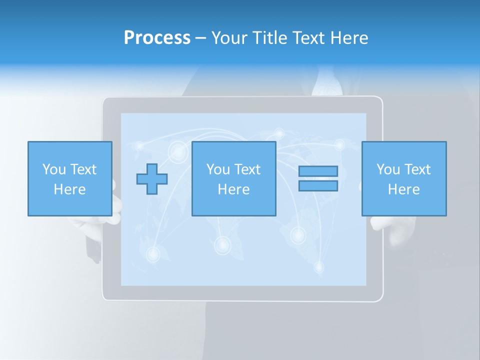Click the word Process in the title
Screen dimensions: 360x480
[x=157, y=38]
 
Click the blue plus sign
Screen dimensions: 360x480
[x=152, y=179]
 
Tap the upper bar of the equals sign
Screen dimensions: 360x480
[x=318, y=171]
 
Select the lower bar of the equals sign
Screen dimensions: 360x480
[x=318, y=185]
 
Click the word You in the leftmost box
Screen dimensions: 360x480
[x=53, y=169]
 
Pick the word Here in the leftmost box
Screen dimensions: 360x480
[x=69, y=189]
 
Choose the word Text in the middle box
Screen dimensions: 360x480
[x=247, y=169]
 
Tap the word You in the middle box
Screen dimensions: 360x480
[x=217, y=169]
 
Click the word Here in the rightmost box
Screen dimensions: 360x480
[x=403, y=189]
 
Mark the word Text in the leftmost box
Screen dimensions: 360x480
[x=83, y=169]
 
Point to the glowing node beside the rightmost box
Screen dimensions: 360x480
[x=339, y=145]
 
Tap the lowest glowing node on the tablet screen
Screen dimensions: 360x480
[x=319, y=267]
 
